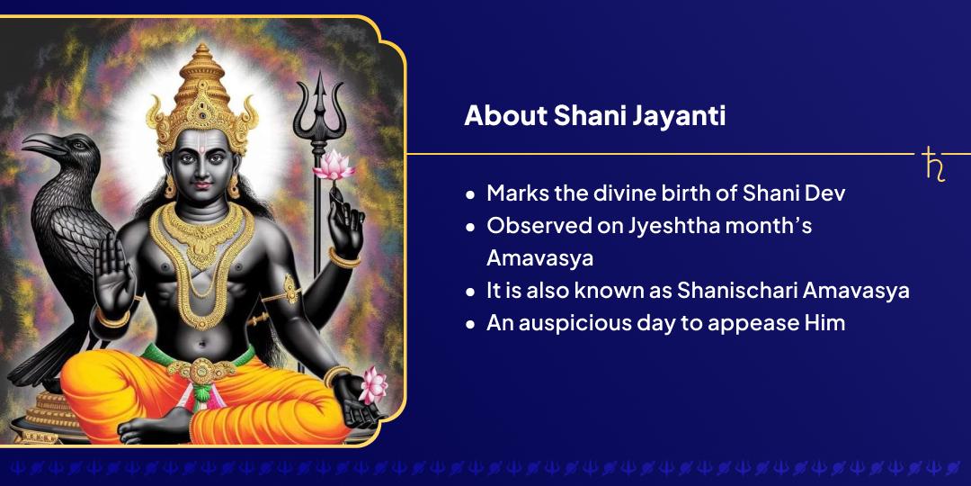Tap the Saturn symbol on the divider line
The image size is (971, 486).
pyautogui.click(x=934, y=165)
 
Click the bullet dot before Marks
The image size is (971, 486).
pyautogui.click(x=470, y=195)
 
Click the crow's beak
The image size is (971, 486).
pyautogui.click(x=39, y=143)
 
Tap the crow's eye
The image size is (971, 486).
pyautogui.click(x=69, y=142)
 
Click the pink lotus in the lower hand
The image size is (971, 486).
pyautogui.click(x=372, y=384)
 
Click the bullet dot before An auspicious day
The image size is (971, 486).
pyautogui.click(x=470, y=324)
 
